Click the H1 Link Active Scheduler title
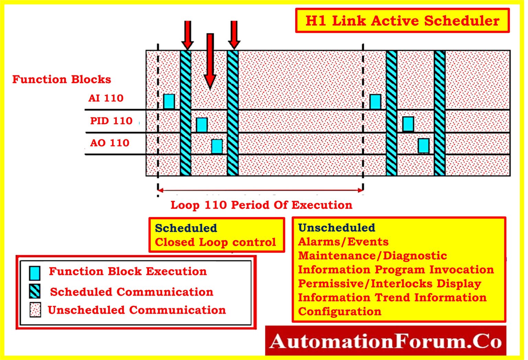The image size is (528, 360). tap(402, 21)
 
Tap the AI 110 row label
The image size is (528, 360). tap(106, 98)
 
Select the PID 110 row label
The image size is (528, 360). tap(111, 121)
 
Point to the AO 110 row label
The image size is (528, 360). tap(110, 143)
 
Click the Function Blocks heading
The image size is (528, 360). tap(62, 79)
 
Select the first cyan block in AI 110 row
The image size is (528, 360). tap(169, 102)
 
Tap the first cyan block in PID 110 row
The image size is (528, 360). tap(202, 125)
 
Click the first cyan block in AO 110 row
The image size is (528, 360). tap(217, 146)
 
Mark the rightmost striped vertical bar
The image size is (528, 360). tap(439, 113)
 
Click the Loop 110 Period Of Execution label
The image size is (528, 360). tap(261, 205)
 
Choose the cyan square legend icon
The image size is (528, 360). tap(35, 273)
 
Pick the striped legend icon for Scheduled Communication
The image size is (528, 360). tap(35, 291)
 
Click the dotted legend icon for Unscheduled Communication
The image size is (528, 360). tap(35, 310)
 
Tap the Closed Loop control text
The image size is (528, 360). tap(215, 242)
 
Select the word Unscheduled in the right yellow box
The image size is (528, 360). tap(337, 228)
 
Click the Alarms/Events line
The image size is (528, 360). tap(343, 242)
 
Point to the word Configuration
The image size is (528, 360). tap(340, 312)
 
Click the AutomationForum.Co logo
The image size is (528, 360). tap(385, 341)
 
